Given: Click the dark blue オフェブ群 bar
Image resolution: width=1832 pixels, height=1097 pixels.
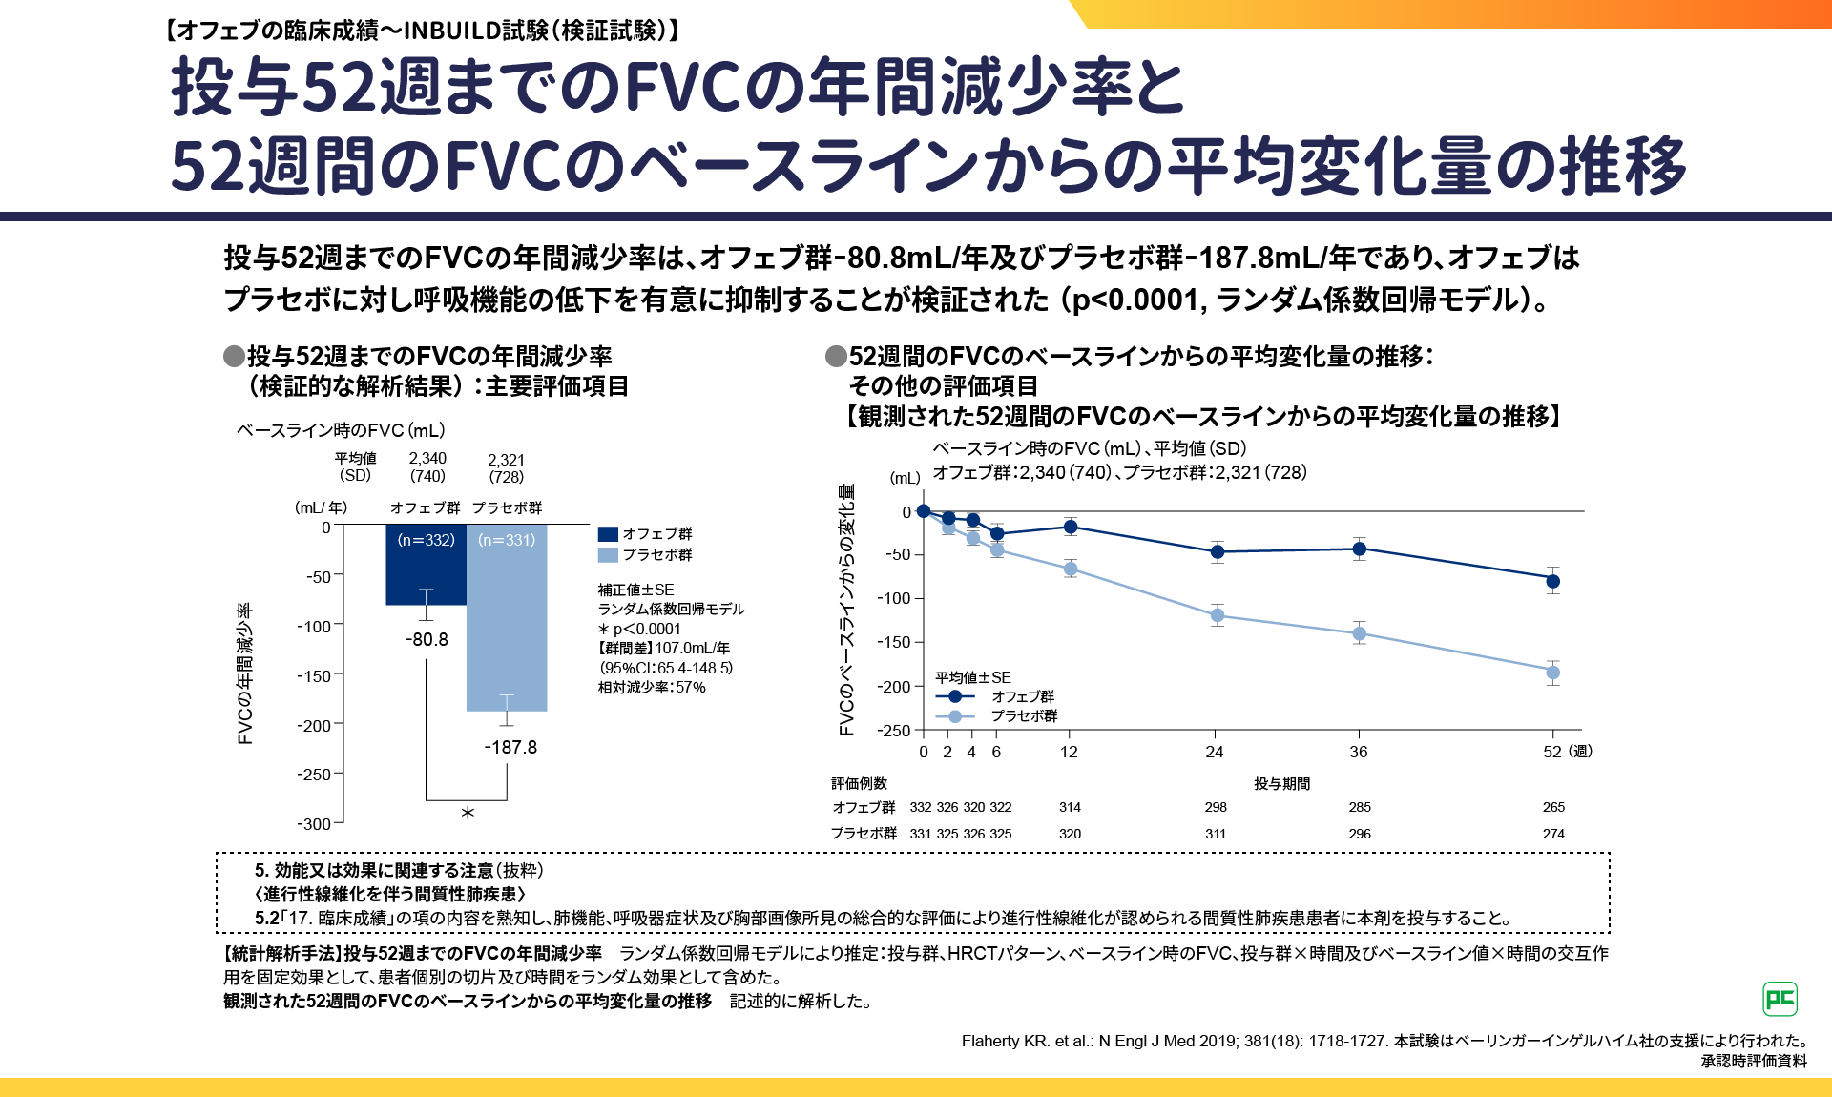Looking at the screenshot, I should coord(426,572).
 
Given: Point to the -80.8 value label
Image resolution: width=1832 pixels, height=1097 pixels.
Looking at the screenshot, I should coord(427,639).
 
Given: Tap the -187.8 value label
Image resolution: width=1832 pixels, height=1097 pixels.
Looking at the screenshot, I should coord(510,747).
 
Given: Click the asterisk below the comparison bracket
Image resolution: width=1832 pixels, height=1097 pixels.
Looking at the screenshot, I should coord(468,814).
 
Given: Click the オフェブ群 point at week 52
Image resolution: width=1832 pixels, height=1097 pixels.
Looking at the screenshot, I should coord(1553,581).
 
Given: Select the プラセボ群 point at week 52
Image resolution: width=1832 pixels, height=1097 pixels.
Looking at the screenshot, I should coord(1553,673).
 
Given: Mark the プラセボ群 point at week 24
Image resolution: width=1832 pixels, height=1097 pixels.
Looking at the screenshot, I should coord(1218,615).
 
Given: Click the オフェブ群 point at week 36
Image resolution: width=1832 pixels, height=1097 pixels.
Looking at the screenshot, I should coord(1360,548).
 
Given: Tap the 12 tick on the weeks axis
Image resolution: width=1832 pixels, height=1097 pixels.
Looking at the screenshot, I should coord(1069,752).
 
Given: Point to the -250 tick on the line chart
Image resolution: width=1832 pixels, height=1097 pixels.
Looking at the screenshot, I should coord(895,731).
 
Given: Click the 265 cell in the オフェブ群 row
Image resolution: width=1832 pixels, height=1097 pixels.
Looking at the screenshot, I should coord(1553,807).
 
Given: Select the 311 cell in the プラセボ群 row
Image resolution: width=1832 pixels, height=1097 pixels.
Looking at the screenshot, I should coord(1216,834).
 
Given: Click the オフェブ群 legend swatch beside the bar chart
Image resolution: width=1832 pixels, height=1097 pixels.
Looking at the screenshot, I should coord(608,534).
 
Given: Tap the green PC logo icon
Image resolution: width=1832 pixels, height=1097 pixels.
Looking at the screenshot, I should coord(1780,999).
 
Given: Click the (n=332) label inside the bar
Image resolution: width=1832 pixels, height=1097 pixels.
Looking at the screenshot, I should coord(426,540).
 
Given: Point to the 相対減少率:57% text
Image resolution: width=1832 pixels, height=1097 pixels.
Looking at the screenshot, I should coord(652,687).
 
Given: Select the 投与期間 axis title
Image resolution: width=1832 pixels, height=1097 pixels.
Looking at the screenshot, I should coord(1281,783).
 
